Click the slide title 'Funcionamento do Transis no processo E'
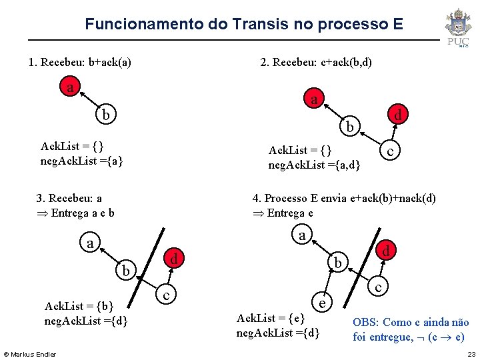[243, 25]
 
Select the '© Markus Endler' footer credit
[30, 353]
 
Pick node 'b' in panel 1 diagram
[105, 115]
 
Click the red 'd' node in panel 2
[397, 115]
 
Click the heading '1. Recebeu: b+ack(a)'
[79, 63]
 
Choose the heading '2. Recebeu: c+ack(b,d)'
[316, 63]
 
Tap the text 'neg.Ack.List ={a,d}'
[314, 165]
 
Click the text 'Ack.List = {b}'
[79, 306]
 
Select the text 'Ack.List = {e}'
[271, 318]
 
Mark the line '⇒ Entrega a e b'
[76, 213]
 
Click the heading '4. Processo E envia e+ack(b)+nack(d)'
[344, 198]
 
